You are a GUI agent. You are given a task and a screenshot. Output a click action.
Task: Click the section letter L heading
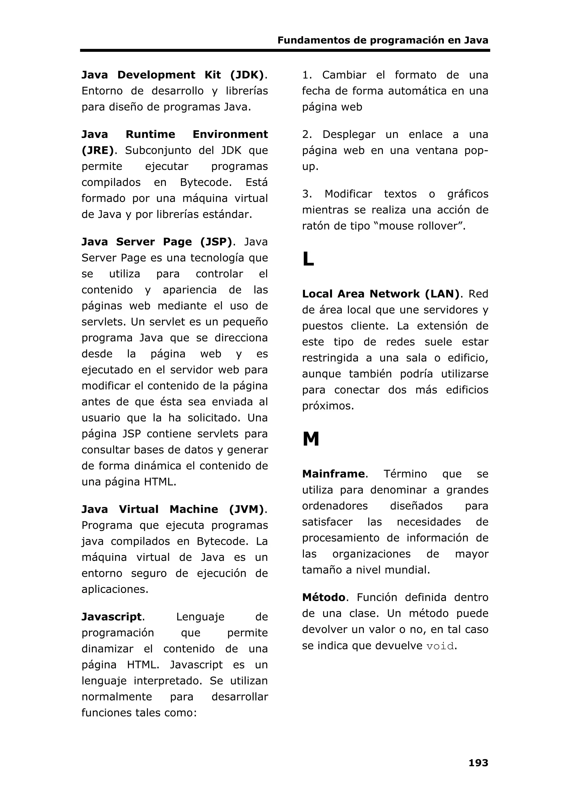click(308, 259)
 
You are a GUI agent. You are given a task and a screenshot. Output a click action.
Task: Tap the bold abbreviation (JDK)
click(247, 75)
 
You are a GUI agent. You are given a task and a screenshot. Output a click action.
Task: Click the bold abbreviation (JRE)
click(98, 150)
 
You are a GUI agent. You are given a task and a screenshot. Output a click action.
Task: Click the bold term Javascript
click(111, 617)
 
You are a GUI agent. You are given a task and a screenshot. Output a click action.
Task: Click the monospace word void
click(440, 646)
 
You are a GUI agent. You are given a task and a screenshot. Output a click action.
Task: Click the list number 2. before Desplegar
click(307, 134)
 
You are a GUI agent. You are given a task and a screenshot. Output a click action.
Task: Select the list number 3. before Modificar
click(307, 194)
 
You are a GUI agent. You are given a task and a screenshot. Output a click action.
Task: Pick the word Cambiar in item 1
click(344, 75)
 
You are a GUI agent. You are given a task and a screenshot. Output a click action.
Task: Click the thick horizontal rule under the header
click(285, 51)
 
